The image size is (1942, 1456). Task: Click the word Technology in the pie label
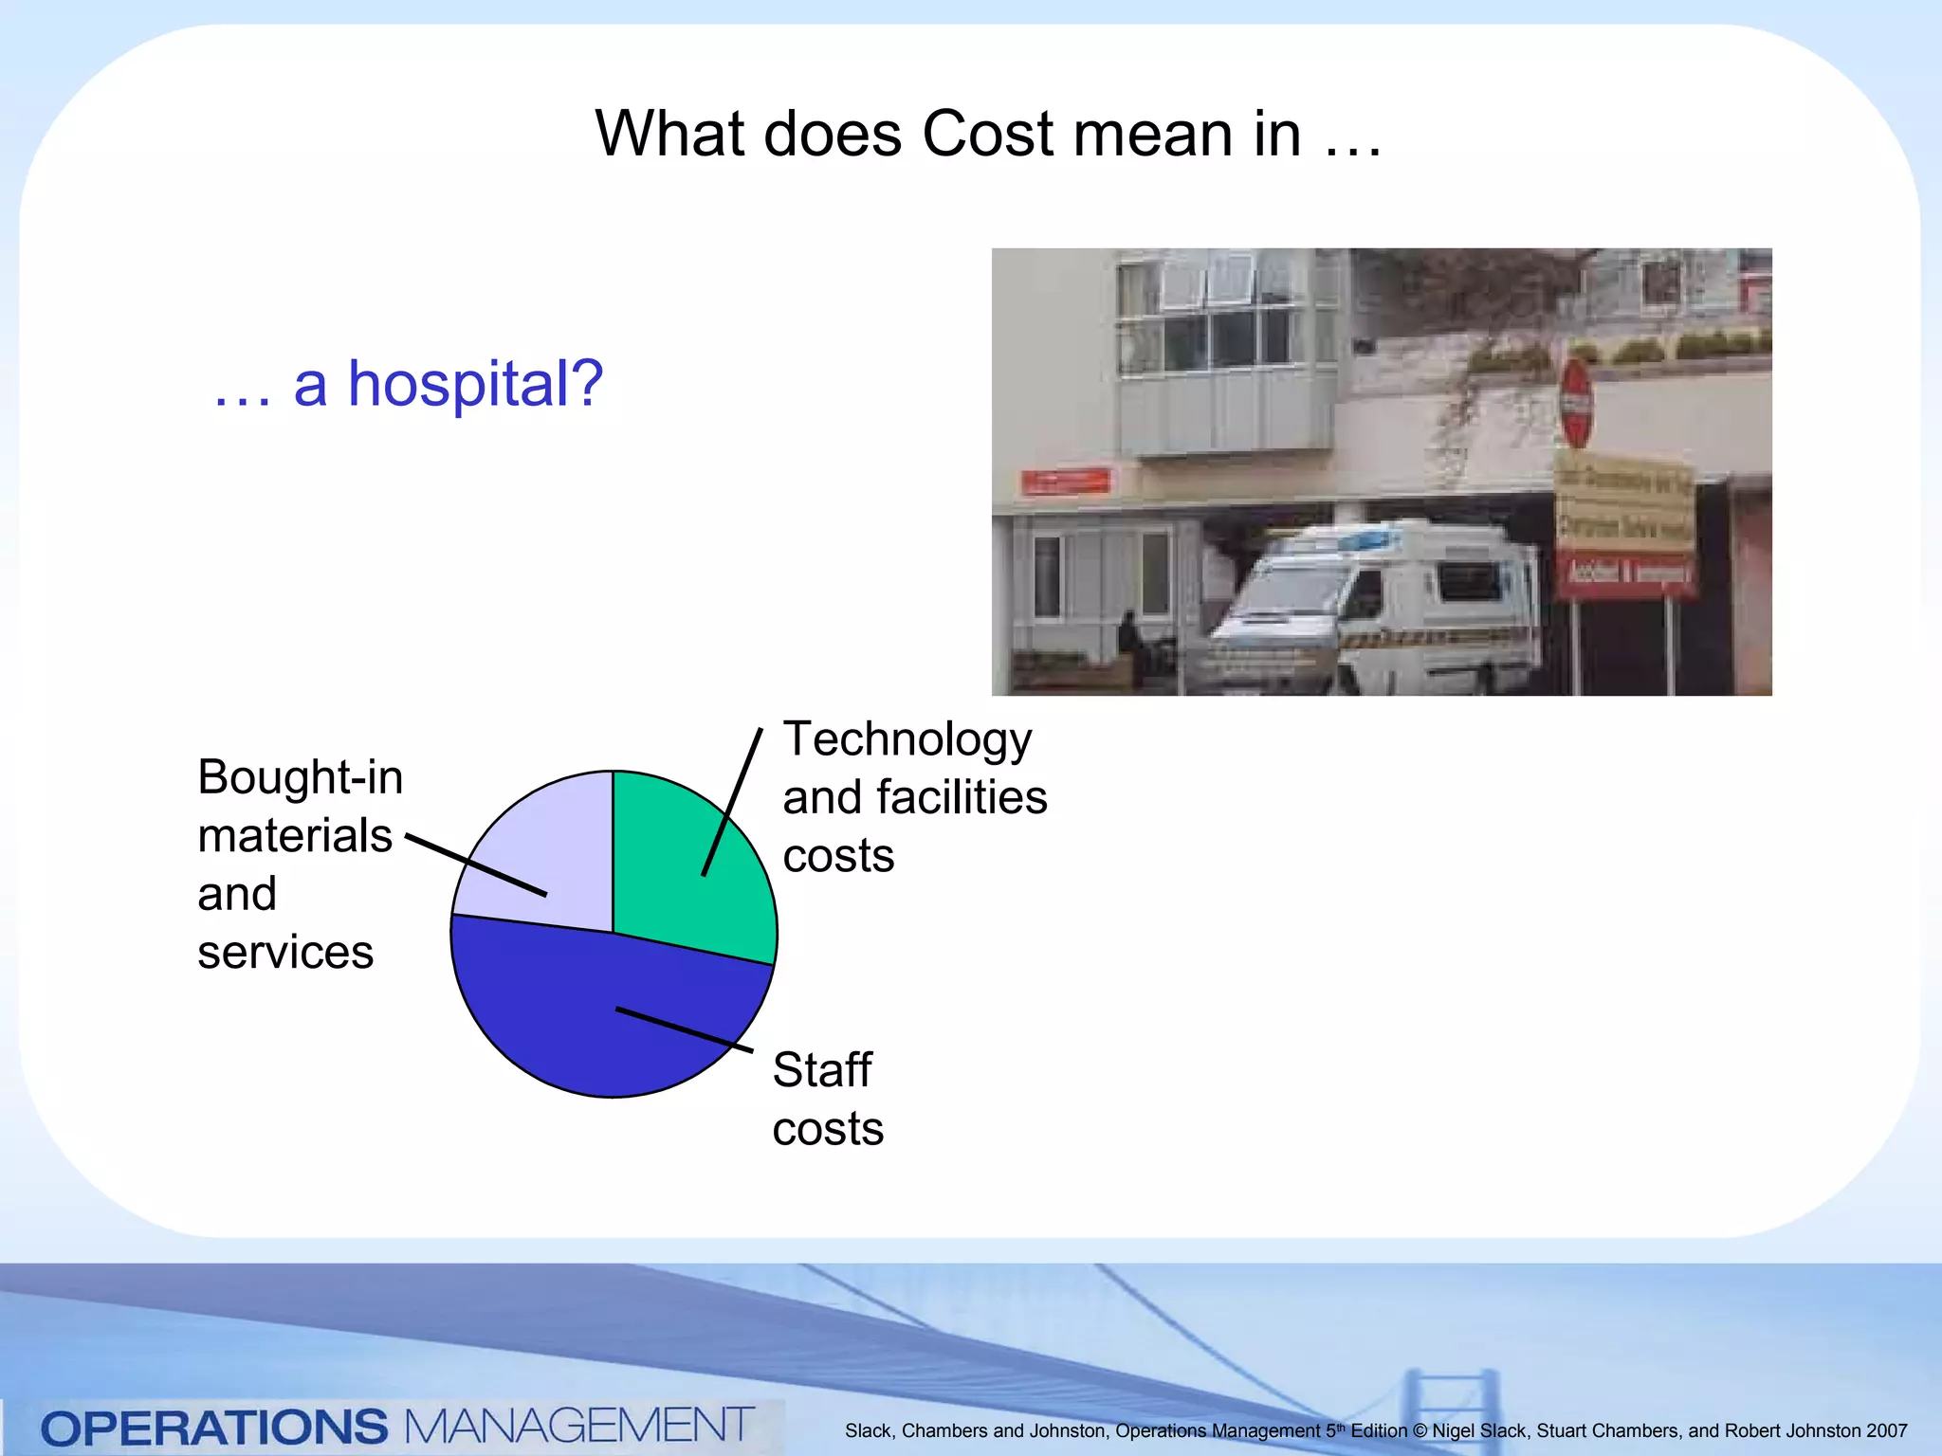[907, 740]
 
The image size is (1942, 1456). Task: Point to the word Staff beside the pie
[821, 1071]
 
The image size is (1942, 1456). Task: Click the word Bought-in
[300, 778]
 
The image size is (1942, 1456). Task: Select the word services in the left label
[285, 953]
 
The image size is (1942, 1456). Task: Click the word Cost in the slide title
[987, 134]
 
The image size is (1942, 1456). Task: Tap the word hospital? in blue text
[475, 385]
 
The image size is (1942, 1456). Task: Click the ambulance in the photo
[1375, 607]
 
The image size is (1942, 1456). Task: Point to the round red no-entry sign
[1575, 403]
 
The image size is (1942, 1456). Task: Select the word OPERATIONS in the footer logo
[214, 1428]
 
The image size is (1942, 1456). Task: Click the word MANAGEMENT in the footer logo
[578, 1426]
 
